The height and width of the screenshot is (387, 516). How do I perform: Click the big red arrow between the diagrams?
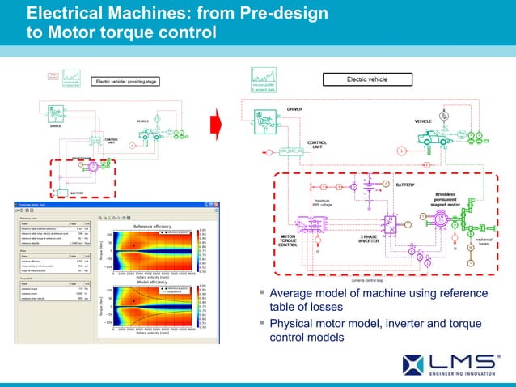pyautogui.click(x=216, y=125)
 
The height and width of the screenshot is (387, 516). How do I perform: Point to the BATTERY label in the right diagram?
pyautogui.click(x=405, y=185)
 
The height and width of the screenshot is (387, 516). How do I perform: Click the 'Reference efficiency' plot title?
pyautogui.click(x=154, y=226)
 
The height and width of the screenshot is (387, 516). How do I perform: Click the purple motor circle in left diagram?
pyautogui.click(x=93, y=166)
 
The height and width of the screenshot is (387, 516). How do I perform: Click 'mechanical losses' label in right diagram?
pyautogui.click(x=483, y=242)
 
